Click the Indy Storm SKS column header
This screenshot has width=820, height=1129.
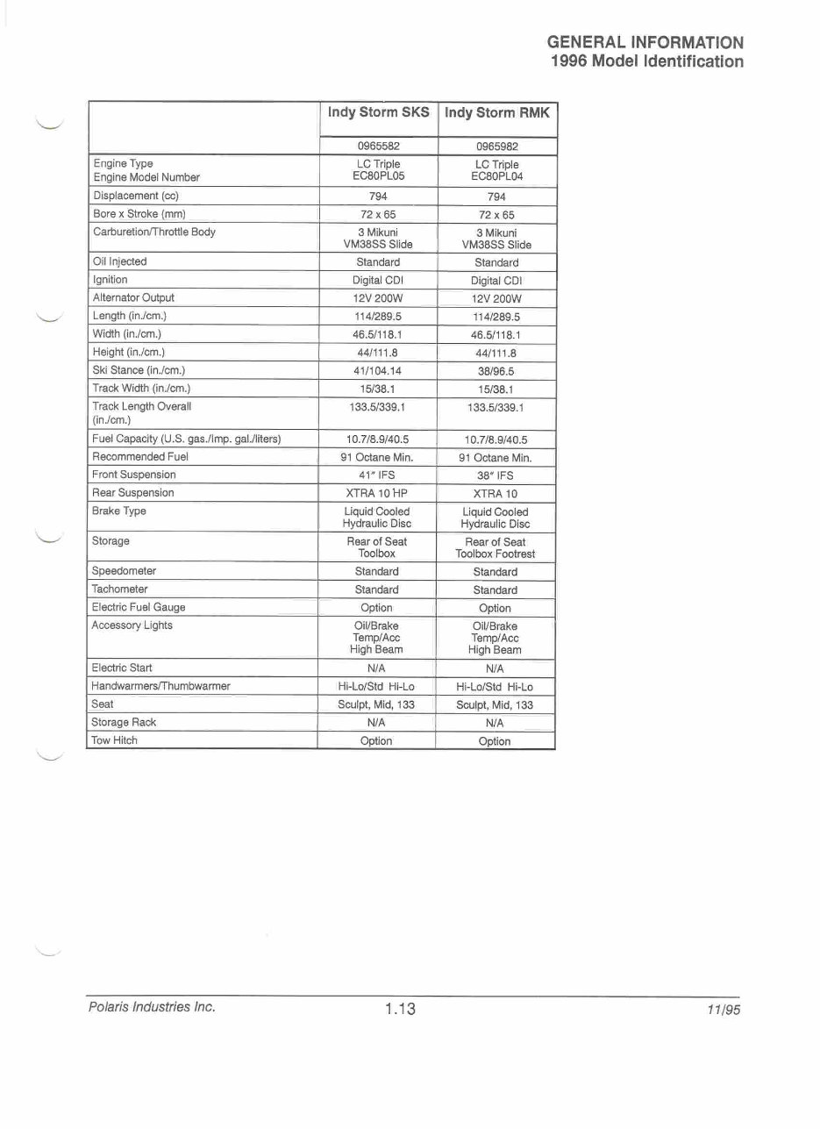(x=378, y=113)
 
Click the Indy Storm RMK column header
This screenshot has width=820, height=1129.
(x=496, y=113)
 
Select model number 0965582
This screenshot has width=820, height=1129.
(x=378, y=146)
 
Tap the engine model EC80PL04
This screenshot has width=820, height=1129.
(x=496, y=177)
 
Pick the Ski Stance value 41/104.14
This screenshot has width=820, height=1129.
(x=378, y=370)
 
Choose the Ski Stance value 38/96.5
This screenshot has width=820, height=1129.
(x=496, y=371)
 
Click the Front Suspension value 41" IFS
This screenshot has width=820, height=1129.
(x=378, y=475)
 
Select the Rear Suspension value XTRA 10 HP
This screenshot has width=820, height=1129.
(x=378, y=493)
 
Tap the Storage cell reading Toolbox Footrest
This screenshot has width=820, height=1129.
(x=496, y=554)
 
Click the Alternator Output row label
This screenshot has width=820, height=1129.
(x=133, y=297)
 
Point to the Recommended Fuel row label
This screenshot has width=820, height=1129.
(x=140, y=456)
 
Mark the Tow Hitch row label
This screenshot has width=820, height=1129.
(x=115, y=740)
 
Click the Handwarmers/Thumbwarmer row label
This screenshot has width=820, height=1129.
(x=160, y=685)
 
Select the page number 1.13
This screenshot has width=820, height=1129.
(x=400, y=1009)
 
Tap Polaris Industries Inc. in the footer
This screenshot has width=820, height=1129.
(x=152, y=1007)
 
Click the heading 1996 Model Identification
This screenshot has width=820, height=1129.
(x=647, y=61)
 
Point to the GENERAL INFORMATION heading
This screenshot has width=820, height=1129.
(x=645, y=42)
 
